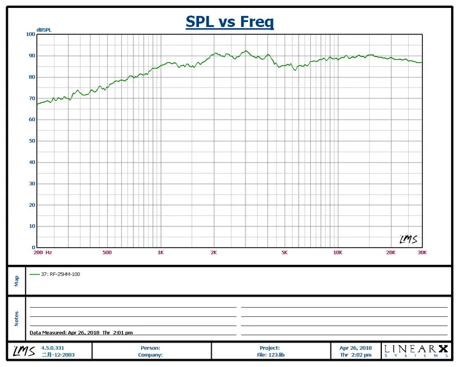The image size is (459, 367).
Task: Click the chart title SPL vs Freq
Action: [229, 22]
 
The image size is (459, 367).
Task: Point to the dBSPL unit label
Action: [44, 29]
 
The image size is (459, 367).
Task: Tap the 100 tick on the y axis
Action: [31, 34]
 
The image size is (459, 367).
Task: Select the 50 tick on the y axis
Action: [32, 141]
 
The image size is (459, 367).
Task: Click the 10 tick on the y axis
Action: [32, 226]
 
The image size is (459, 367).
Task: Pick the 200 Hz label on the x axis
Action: [42, 252]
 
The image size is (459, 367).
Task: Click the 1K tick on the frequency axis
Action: [160, 252]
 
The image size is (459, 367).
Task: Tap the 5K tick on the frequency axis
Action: [285, 252]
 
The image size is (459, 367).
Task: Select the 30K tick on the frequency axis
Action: [422, 252]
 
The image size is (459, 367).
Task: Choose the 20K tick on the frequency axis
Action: [390, 252]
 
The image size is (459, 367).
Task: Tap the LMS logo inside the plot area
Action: [408, 239]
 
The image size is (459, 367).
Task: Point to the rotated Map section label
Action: [17, 280]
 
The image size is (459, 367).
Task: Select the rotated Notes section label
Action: [17, 319]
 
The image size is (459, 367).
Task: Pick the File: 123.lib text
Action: [269, 354]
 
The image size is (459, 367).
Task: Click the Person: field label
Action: [151, 347]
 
